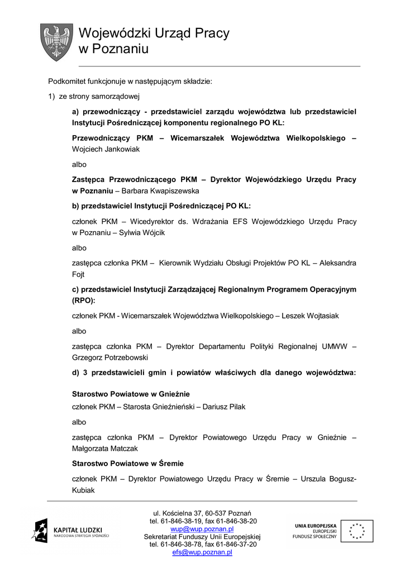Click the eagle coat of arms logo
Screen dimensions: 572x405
[57, 41]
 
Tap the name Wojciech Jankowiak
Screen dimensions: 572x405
[106, 149]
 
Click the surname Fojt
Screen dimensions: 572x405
[79, 274]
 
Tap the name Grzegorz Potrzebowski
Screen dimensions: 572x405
[111, 357]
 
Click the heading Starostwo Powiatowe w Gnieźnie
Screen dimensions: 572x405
[131, 393]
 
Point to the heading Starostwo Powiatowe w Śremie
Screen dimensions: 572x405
[128, 464]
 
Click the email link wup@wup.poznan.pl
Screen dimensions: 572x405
[202, 528]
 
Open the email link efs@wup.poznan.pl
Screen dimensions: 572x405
[202, 552]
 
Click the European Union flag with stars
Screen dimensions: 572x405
[358, 531]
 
